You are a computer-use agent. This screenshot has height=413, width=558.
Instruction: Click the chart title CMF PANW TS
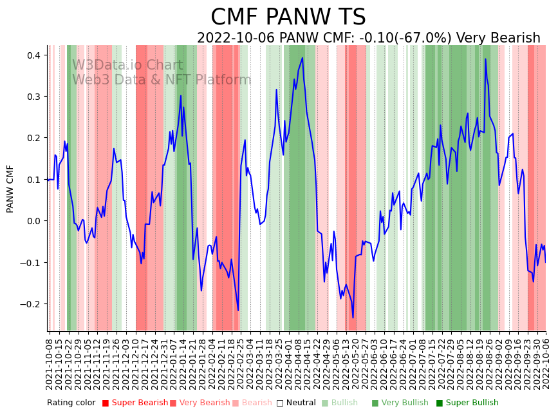[x=288, y=17]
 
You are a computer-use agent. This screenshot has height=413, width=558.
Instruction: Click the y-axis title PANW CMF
[x=10, y=189]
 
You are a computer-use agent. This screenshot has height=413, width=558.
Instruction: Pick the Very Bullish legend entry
[x=404, y=403]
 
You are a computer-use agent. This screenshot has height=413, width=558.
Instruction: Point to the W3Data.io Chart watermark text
[x=127, y=65]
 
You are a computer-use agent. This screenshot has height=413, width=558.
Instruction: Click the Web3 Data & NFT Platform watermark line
[x=162, y=80]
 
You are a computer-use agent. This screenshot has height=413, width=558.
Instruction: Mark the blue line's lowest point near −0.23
[x=353, y=318]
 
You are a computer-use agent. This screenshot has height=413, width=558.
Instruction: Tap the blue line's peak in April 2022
[x=302, y=58]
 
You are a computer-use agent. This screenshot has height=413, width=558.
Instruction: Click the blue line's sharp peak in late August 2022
[x=486, y=59]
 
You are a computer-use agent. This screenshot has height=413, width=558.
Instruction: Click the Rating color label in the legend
[x=71, y=403]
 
